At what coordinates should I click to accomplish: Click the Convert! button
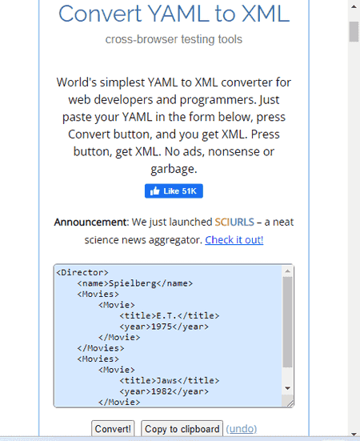pyautogui.click(x=113, y=429)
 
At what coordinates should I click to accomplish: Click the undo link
pyautogui.click(x=242, y=429)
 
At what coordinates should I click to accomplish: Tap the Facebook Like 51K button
pyautogui.click(x=174, y=191)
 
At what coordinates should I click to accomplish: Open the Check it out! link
pyautogui.click(x=234, y=240)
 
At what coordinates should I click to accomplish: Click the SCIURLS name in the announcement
pyautogui.click(x=234, y=223)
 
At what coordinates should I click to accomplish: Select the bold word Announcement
pyautogui.click(x=90, y=223)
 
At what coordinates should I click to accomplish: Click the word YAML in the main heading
pyautogui.click(x=178, y=14)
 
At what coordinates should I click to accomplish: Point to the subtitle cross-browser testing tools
pyautogui.click(x=174, y=39)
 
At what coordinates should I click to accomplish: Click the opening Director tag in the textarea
pyautogui.click(x=82, y=273)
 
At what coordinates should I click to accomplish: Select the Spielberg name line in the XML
pyautogui.click(x=135, y=283)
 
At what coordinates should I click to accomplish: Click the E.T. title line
pyautogui.click(x=170, y=315)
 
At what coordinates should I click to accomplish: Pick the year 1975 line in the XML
pyautogui.click(x=164, y=327)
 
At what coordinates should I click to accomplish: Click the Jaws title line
pyautogui.click(x=170, y=380)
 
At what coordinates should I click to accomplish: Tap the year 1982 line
pyautogui.click(x=164, y=391)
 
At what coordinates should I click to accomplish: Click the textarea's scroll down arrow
pyautogui.click(x=287, y=388)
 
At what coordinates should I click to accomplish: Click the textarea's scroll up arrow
pyautogui.click(x=287, y=271)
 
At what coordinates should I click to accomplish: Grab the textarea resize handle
pyautogui.click(x=290, y=404)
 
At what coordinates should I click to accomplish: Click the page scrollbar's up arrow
pyautogui.click(x=354, y=6)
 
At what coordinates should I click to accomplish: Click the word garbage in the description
pyautogui.click(x=174, y=170)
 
